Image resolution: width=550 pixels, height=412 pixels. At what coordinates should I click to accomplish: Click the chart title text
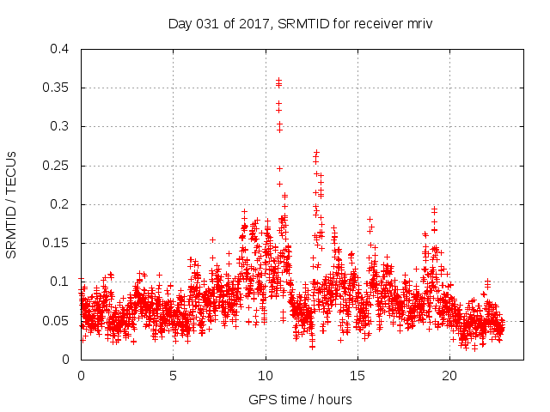click(x=299, y=23)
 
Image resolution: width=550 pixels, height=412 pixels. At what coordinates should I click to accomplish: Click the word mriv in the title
click(x=418, y=23)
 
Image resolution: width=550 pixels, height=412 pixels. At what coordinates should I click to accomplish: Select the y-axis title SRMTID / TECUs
click(x=12, y=204)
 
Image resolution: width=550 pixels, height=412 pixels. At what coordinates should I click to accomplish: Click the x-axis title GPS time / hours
click(x=299, y=399)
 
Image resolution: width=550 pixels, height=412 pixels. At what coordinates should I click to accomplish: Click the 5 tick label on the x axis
click(x=173, y=376)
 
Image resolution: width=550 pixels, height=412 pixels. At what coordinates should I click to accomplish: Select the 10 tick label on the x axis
click(x=266, y=376)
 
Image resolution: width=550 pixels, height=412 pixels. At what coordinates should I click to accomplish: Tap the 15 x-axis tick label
click(x=357, y=376)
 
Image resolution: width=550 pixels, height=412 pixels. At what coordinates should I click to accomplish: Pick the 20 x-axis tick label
click(x=449, y=376)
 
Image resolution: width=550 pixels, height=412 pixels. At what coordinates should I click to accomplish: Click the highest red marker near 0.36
click(x=278, y=81)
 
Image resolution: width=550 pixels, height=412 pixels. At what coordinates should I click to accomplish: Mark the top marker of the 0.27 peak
click(x=317, y=152)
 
